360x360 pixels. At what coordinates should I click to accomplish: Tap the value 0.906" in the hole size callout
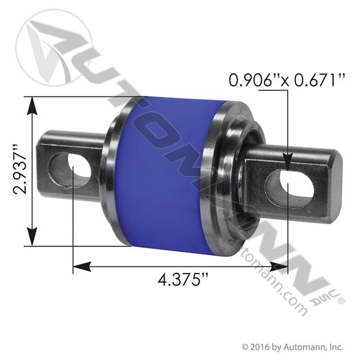click(x=252, y=80)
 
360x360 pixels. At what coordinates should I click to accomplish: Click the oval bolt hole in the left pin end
click(x=80, y=166)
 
